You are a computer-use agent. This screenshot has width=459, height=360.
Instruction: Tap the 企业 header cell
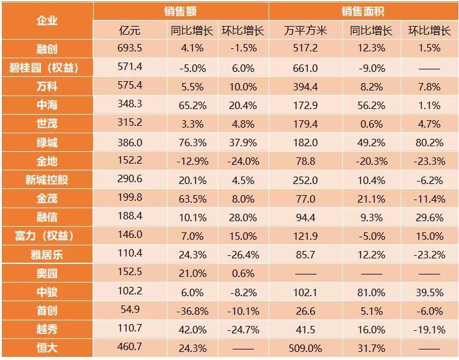point(47,20)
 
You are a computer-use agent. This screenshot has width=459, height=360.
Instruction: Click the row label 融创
point(47,48)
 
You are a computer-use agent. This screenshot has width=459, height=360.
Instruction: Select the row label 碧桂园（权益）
point(47,67)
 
